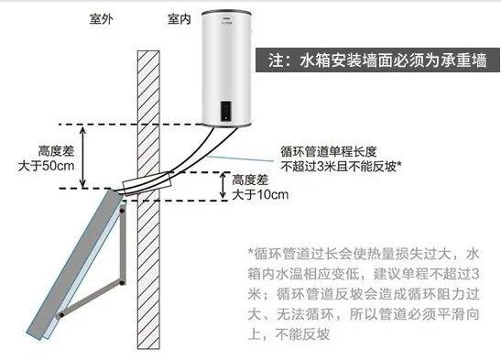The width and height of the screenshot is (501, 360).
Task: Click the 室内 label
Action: click(180, 17)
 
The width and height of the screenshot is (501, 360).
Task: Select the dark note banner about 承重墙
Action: click(375, 61)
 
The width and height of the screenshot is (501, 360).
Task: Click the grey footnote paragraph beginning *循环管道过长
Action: click(370, 292)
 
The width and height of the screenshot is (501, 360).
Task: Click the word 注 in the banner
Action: click(278, 61)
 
